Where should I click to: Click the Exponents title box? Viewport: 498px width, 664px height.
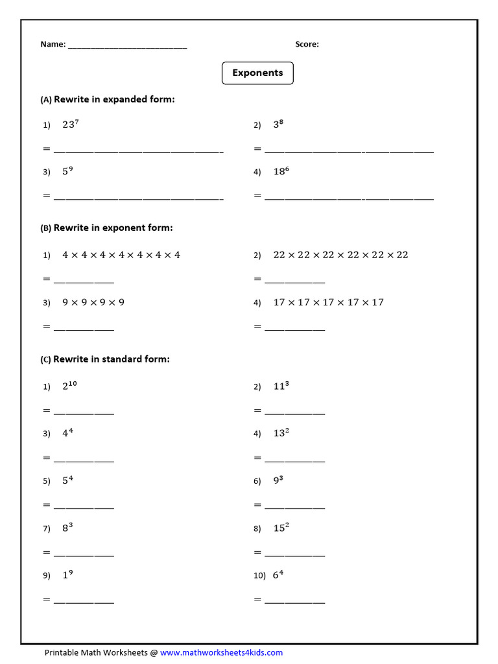coord(257,73)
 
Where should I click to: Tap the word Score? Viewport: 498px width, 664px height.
coord(307,45)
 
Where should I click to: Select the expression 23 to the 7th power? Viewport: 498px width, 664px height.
coord(71,124)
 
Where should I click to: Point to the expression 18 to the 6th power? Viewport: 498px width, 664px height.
coord(281,172)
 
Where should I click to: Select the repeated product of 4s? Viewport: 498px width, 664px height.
coord(121,255)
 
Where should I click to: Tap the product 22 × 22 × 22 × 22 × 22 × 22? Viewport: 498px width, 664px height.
coord(340,255)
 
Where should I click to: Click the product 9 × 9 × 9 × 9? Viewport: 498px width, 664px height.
coord(93,302)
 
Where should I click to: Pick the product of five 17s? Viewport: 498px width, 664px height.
coord(328,302)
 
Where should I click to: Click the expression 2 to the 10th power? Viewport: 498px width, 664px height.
coord(70,386)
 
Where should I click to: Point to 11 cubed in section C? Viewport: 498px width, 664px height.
coord(281,386)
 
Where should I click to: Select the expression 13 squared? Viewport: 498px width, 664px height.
coord(281,433)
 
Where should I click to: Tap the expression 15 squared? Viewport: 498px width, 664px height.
coord(281,528)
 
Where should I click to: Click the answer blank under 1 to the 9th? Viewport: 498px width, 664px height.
coord(84,600)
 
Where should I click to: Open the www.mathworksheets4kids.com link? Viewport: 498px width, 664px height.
coord(221,652)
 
